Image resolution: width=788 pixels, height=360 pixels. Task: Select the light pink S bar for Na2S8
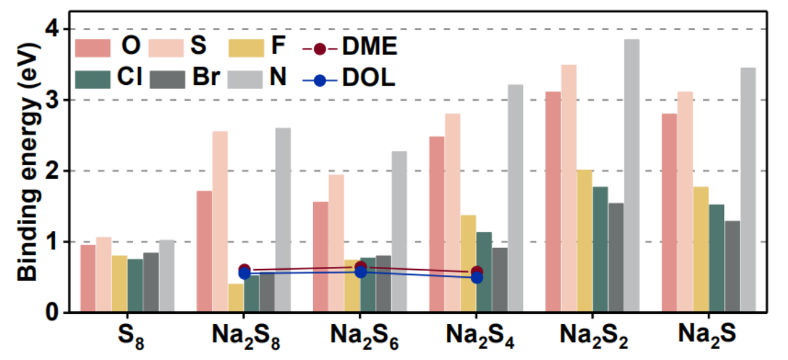(x=220, y=221)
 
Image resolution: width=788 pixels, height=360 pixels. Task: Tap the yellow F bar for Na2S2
(x=585, y=240)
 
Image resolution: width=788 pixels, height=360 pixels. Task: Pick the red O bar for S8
(x=88, y=278)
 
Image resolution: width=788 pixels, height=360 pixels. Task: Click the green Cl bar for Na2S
(x=717, y=258)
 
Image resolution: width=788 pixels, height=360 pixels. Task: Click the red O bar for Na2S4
(x=437, y=224)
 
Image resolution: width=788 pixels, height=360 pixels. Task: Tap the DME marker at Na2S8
(x=245, y=270)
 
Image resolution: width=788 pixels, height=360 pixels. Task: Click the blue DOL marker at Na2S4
(x=476, y=276)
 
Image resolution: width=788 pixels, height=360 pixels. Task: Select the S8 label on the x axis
(x=130, y=336)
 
